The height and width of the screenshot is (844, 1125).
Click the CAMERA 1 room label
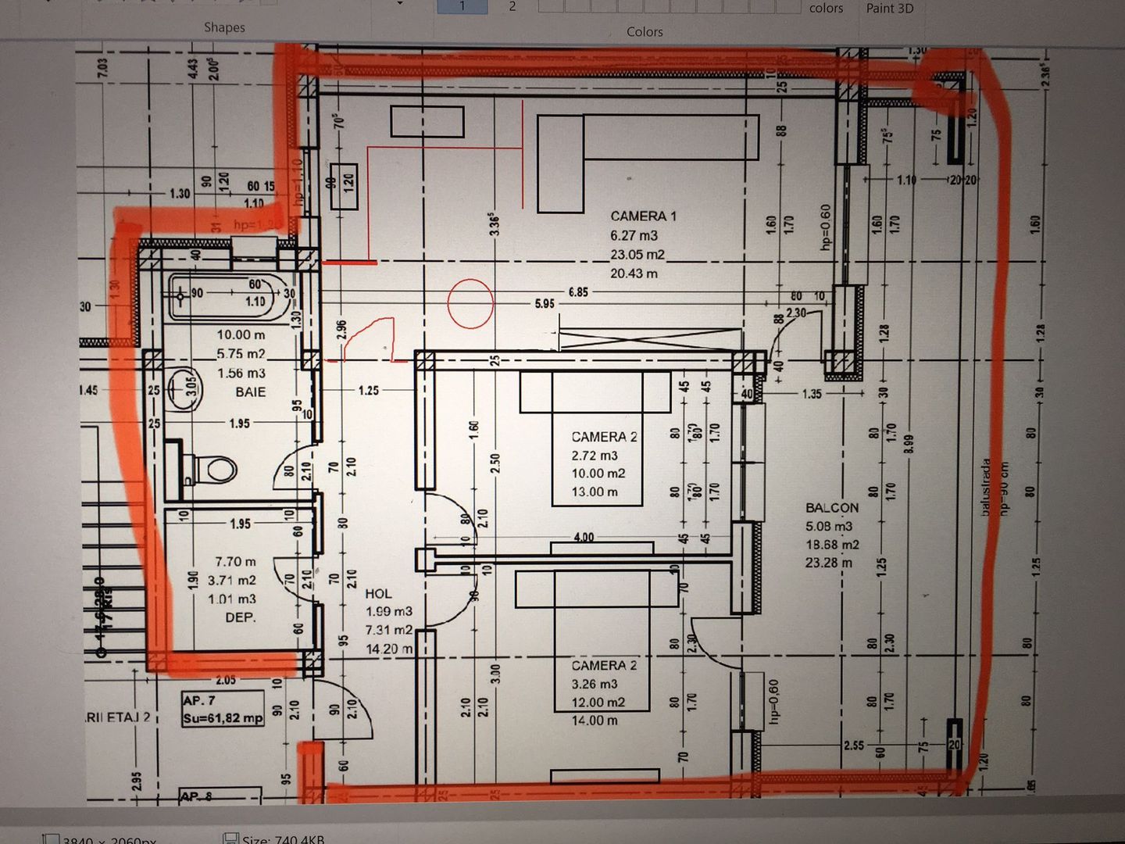click(x=643, y=216)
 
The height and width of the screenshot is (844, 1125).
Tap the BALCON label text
click(x=831, y=508)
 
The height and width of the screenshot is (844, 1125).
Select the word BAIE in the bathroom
click(x=250, y=392)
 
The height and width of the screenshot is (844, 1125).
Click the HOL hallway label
click(x=378, y=594)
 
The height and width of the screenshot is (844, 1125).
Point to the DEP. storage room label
click(x=240, y=617)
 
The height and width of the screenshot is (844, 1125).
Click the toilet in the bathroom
click(x=212, y=470)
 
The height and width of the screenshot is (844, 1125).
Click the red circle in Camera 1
click(x=470, y=303)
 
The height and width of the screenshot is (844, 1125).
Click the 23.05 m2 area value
click(x=637, y=255)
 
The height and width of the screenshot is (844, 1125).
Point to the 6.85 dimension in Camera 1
click(x=578, y=291)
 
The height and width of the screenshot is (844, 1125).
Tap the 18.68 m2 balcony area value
click(x=832, y=545)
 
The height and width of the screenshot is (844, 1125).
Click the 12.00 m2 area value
click(x=598, y=703)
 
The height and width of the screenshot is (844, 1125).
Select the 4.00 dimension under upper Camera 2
click(x=584, y=537)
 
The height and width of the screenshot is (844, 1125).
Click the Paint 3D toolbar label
click(x=889, y=9)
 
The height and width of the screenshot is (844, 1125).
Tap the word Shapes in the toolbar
click(x=224, y=27)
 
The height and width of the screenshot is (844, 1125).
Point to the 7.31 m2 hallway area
click(x=389, y=630)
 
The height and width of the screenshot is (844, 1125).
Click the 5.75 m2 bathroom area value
click(x=241, y=354)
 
